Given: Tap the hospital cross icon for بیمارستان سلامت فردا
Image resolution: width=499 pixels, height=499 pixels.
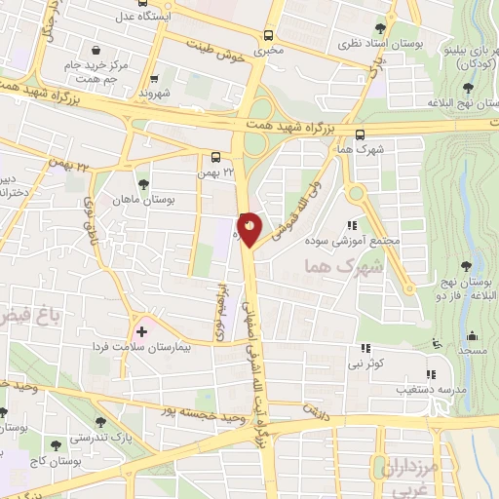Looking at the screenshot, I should [x=143, y=332].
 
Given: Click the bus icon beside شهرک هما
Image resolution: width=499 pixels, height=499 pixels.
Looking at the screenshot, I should [x=361, y=135].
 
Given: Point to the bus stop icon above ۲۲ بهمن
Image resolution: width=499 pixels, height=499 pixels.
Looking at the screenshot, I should [x=215, y=156].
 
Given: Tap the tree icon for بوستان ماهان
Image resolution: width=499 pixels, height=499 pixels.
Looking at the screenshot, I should [x=144, y=182].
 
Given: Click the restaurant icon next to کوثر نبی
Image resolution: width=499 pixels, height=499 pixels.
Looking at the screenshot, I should [x=366, y=348].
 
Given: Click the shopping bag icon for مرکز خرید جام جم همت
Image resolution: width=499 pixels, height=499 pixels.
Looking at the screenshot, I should [x=94, y=51].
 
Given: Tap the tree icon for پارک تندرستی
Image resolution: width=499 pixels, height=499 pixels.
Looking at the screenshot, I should [x=101, y=422].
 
